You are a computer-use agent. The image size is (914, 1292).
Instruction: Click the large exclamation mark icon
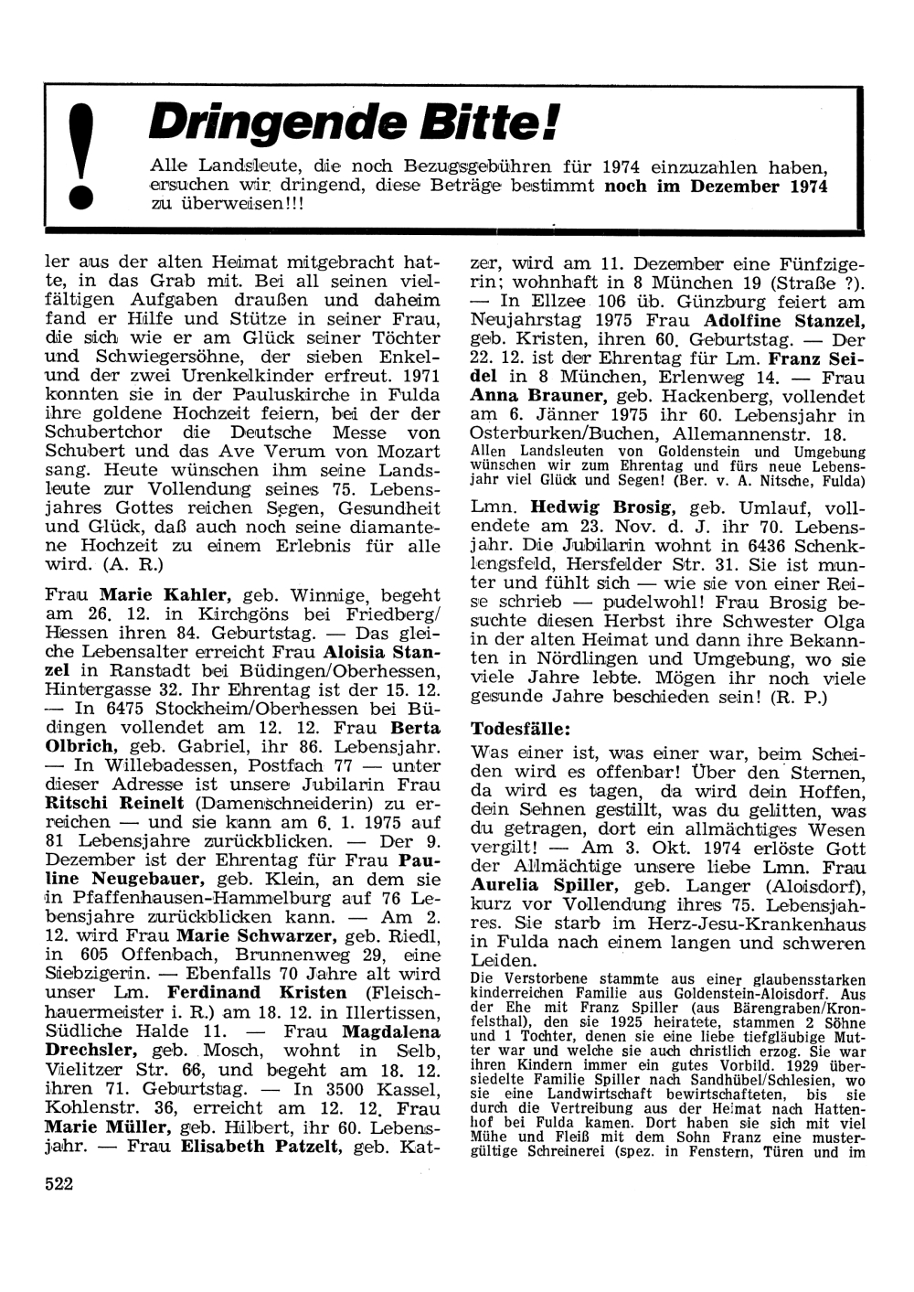click(x=82, y=160)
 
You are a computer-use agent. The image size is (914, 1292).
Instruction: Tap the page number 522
click(x=58, y=1183)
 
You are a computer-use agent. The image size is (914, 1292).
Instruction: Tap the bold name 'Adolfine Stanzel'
click(x=784, y=321)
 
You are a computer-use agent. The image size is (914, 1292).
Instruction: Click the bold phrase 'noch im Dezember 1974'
click(x=717, y=186)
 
